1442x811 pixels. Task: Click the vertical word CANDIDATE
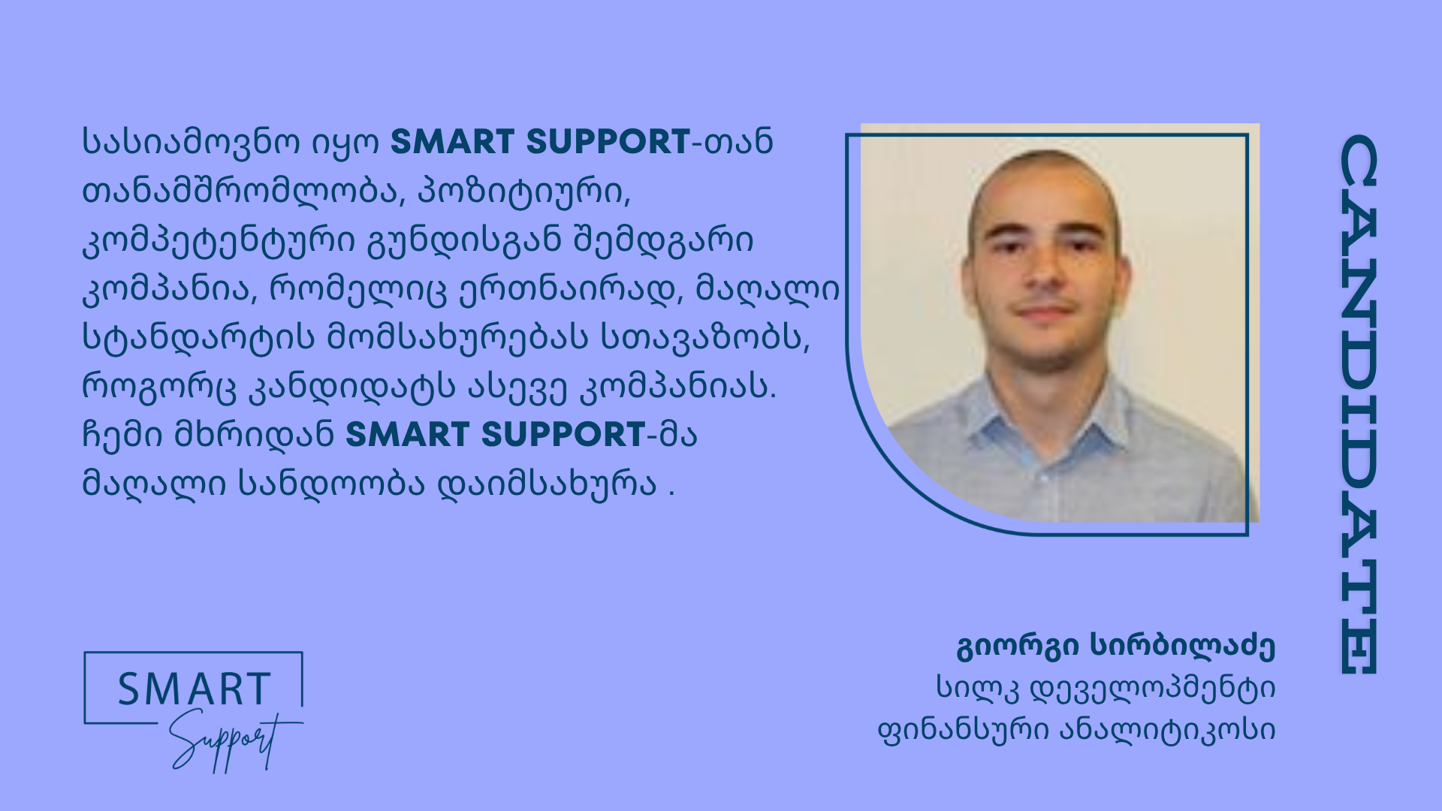(1359, 405)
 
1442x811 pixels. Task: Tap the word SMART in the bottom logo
(195, 689)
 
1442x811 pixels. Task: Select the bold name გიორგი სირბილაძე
(1116, 647)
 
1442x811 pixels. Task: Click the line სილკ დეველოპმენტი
(1106, 688)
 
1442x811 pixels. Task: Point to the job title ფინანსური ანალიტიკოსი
(1077, 729)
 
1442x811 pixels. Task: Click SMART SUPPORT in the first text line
(540, 142)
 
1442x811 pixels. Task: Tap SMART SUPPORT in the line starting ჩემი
(495, 435)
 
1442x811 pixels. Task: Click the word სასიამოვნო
(192, 143)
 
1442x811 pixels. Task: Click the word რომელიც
(357, 290)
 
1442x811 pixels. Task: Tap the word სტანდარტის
(198, 338)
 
